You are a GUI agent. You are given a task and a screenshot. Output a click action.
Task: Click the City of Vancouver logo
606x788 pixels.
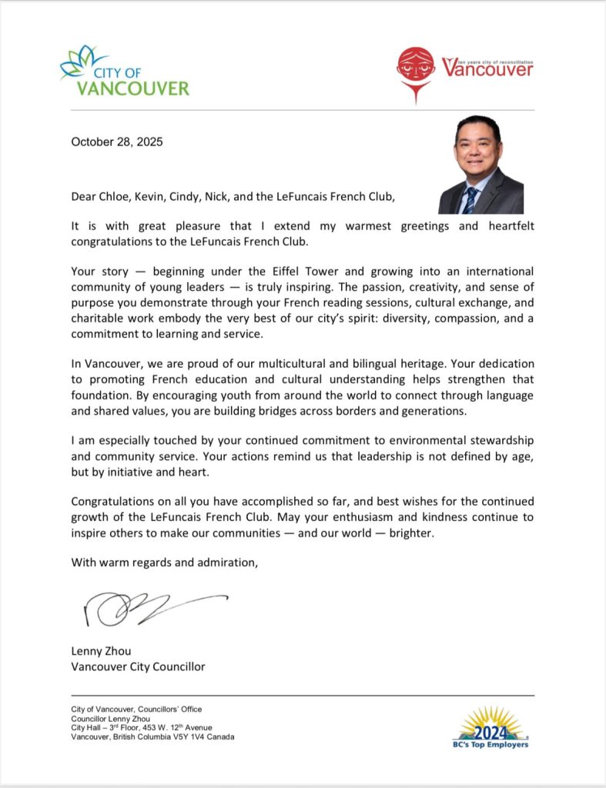124,71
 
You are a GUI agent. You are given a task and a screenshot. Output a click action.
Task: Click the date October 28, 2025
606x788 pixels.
117,142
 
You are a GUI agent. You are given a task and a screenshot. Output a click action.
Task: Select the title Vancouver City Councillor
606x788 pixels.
138,666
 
